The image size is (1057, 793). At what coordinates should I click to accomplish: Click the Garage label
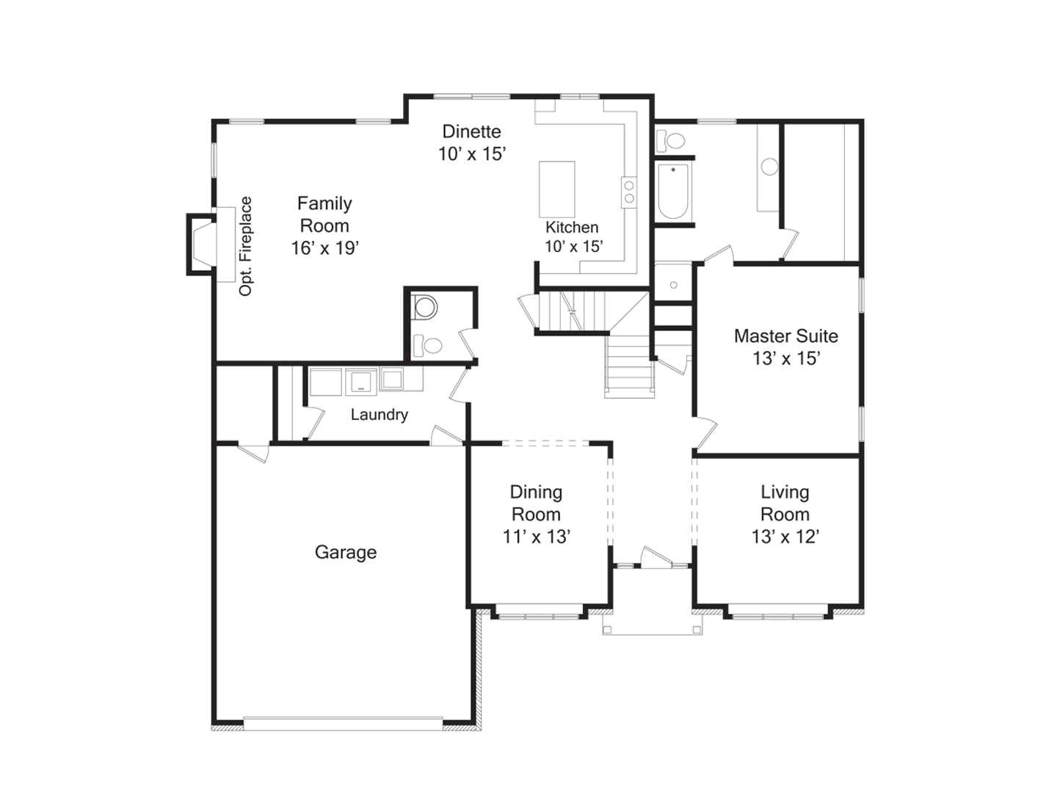[345, 552]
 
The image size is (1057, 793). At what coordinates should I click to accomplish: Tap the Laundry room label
[379, 415]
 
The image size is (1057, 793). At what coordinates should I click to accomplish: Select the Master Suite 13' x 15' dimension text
[785, 358]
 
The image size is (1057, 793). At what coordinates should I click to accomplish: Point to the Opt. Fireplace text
[246, 246]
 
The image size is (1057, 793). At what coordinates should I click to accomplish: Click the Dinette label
[471, 131]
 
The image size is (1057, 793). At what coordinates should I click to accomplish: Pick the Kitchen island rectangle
[556, 189]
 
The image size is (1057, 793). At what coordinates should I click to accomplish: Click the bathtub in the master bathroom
[672, 191]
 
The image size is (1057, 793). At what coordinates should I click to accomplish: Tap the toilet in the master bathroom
[670, 140]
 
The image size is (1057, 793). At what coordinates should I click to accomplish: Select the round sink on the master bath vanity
[769, 167]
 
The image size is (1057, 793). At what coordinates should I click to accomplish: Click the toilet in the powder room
[428, 344]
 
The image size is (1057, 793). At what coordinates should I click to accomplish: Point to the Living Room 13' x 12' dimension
[785, 537]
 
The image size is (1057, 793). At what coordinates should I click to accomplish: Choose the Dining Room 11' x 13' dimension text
[536, 537]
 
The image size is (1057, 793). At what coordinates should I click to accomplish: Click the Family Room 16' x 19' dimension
[324, 248]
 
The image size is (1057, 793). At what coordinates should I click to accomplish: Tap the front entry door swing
[655, 557]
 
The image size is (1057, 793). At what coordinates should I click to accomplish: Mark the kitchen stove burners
[629, 192]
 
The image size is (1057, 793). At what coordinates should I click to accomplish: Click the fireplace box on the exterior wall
[201, 244]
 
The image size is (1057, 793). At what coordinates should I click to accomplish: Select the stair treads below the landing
[629, 366]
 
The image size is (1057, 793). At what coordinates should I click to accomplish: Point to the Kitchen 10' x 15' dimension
[573, 247]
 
